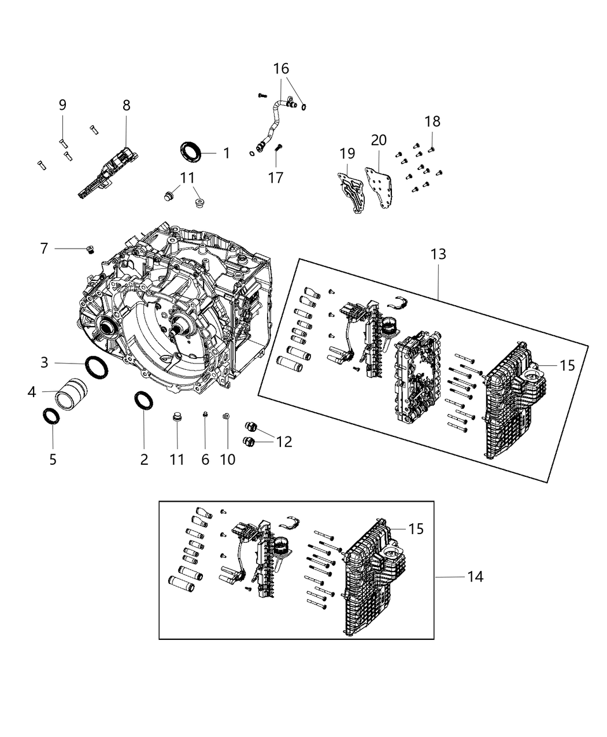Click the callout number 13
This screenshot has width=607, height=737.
(438, 254)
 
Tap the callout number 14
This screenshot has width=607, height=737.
(475, 576)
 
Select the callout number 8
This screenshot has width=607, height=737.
(126, 105)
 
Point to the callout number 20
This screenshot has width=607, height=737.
(379, 140)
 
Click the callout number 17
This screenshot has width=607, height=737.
(276, 177)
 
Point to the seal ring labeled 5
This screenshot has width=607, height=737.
(52, 416)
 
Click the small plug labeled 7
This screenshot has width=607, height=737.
(90, 249)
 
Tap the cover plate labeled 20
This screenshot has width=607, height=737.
(380, 186)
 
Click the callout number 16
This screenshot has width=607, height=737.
(281, 69)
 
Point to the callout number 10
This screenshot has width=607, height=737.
(228, 460)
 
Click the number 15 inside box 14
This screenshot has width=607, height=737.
(416, 529)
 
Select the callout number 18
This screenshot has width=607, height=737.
(432, 121)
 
